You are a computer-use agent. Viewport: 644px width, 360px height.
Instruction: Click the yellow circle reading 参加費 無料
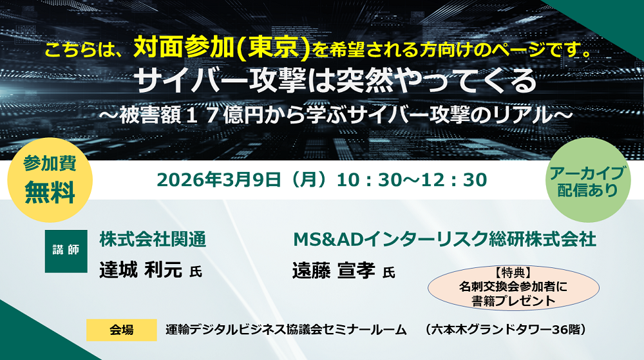[x=50, y=180]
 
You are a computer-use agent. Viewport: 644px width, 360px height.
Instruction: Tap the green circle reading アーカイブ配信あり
[x=588, y=180]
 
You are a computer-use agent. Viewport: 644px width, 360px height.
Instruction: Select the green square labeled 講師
[x=66, y=251]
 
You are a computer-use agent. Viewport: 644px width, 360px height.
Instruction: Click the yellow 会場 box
[x=122, y=330]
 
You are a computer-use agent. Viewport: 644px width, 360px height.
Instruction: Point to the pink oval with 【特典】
[x=513, y=287]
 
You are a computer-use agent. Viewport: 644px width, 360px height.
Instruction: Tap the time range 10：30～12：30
[x=412, y=180]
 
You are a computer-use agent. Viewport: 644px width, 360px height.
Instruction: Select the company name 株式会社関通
[x=153, y=240]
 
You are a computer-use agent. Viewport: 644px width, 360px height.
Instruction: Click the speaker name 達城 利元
[x=140, y=270]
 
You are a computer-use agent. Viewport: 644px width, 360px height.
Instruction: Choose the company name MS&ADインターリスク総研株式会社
[x=444, y=240]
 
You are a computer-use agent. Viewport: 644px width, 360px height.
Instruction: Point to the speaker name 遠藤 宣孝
[x=334, y=270]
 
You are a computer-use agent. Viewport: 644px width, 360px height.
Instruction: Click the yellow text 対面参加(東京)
[x=222, y=48]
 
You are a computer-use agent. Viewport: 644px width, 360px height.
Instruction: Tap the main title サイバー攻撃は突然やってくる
[x=336, y=81]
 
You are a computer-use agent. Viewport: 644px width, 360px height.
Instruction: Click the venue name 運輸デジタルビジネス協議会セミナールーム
[x=287, y=330]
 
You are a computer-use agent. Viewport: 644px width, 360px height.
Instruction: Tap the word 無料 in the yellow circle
[x=50, y=193]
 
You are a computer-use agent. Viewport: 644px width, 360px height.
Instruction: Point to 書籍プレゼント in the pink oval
[x=513, y=301]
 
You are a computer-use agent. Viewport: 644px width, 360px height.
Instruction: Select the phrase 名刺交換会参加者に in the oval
[x=513, y=286]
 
